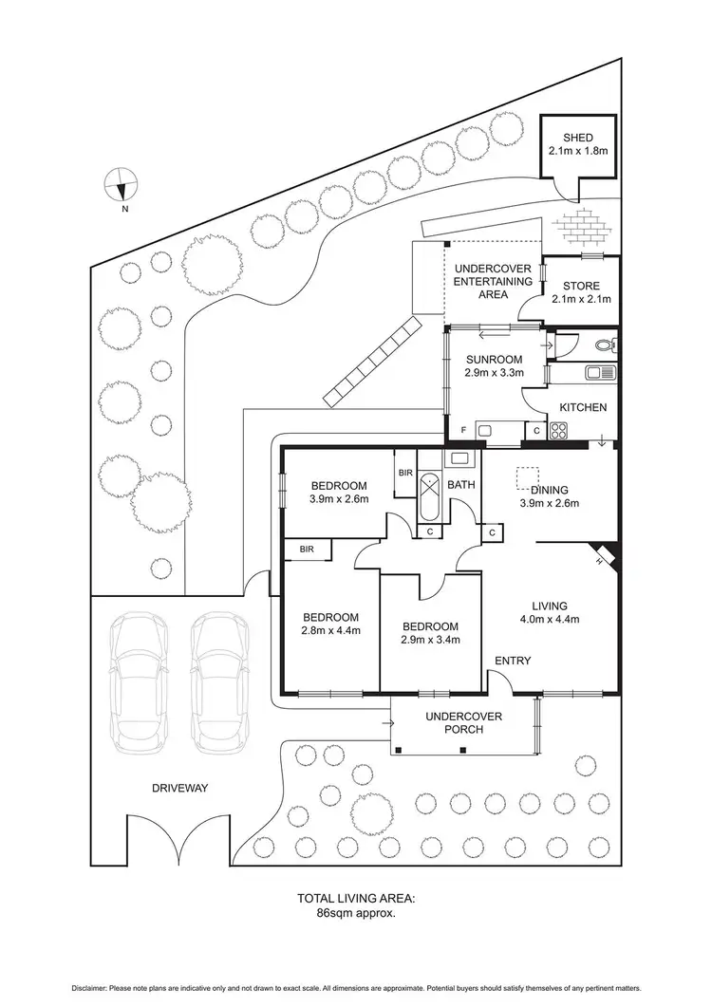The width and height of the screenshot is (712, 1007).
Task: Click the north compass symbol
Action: coord(122,182)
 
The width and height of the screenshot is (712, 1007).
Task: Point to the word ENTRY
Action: coord(512,661)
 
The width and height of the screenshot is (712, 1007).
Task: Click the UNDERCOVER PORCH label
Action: coord(464,722)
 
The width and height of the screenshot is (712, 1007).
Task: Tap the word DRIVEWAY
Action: coord(178,788)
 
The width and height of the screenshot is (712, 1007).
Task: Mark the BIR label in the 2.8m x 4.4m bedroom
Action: coord(307,549)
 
